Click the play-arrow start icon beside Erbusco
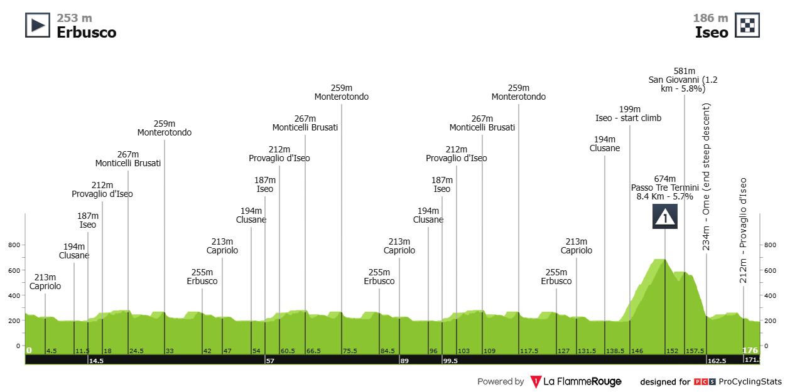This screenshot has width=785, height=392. click(38, 25)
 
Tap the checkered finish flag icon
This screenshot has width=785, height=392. click(748, 25)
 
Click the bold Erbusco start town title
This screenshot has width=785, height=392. click(86, 32)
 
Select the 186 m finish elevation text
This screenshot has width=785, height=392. click(710, 18)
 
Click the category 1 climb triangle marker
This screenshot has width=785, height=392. click(664, 216)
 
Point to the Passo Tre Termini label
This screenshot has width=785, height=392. click(664, 188)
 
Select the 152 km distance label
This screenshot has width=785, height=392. click(673, 351)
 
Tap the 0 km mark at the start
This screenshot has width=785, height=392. click(29, 350)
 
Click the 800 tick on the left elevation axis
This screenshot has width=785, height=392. click(13, 245)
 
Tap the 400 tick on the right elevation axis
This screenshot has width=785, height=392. click(772, 295)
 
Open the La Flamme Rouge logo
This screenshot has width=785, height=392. click(576, 381)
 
